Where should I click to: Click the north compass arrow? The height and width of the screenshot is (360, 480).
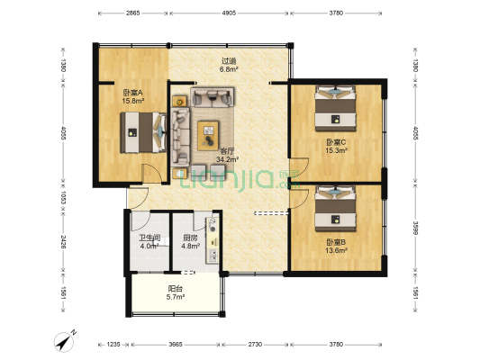click(64, 342)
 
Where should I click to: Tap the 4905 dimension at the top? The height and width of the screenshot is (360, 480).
click(229, 13)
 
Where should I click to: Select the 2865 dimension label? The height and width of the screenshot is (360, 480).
click(132, 13)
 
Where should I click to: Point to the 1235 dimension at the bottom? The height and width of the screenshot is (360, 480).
click(113, 345)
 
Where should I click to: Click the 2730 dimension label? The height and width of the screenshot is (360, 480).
click(255, 345)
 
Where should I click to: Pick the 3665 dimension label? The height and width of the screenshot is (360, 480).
click(176, 345)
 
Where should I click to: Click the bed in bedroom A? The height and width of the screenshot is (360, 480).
click(143, 132)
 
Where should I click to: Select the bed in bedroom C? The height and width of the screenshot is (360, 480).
click(336, 108)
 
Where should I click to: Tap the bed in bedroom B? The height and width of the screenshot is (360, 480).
click(336, 209)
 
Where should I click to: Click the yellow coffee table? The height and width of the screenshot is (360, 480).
click(208, 136)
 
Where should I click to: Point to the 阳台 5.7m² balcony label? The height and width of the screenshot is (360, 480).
click(176, 292)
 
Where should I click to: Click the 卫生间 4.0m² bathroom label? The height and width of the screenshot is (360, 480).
click(149, 241)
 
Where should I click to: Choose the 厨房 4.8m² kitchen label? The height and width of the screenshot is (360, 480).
click(190, 241)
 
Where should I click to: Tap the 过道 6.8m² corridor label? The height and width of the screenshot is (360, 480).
click(229, 65)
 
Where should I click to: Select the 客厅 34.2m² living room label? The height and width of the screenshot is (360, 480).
click(227, 155)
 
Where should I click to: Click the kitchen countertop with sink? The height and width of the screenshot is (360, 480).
click(213, 240)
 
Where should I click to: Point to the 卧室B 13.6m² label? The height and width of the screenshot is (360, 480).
click(336, 247)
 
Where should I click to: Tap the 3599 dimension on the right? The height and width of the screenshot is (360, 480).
click(415, 227)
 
